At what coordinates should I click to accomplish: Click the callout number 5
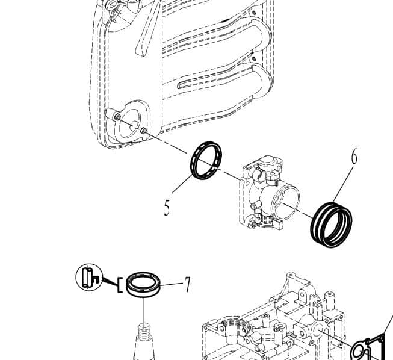167,208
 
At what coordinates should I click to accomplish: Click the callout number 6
354,157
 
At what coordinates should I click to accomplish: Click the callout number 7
187,284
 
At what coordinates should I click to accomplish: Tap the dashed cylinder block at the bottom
271,325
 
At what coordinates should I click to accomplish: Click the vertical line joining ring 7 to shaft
143,310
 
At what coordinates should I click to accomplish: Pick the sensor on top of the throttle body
268,166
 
